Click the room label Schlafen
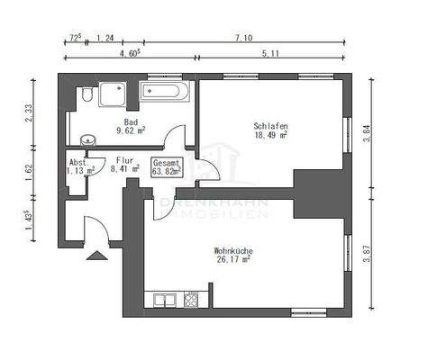click(x=270, y=126)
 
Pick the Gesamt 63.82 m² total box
click(x=168, y=166)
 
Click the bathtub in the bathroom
click(x=164, y=92)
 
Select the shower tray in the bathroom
click(x=114, y=94)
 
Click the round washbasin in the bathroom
click(x=87, y=139)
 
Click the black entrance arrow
click(x=95, y=256)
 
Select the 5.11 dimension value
click(x=269, y=54)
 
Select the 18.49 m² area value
click(x=270, y=136)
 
